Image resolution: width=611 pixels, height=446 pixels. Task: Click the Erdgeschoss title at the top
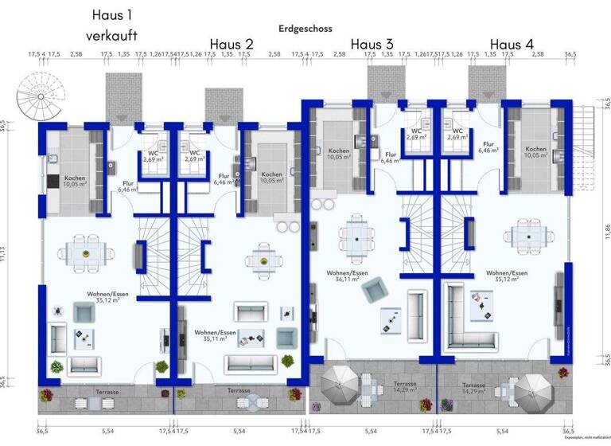coord(305,28)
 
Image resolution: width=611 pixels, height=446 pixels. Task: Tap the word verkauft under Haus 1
coord(112,36)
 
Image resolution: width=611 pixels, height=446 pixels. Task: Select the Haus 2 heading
coord(232,44)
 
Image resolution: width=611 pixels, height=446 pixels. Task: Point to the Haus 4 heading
coord(512,44)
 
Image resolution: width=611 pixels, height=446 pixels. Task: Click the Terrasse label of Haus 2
coord(239,391)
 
